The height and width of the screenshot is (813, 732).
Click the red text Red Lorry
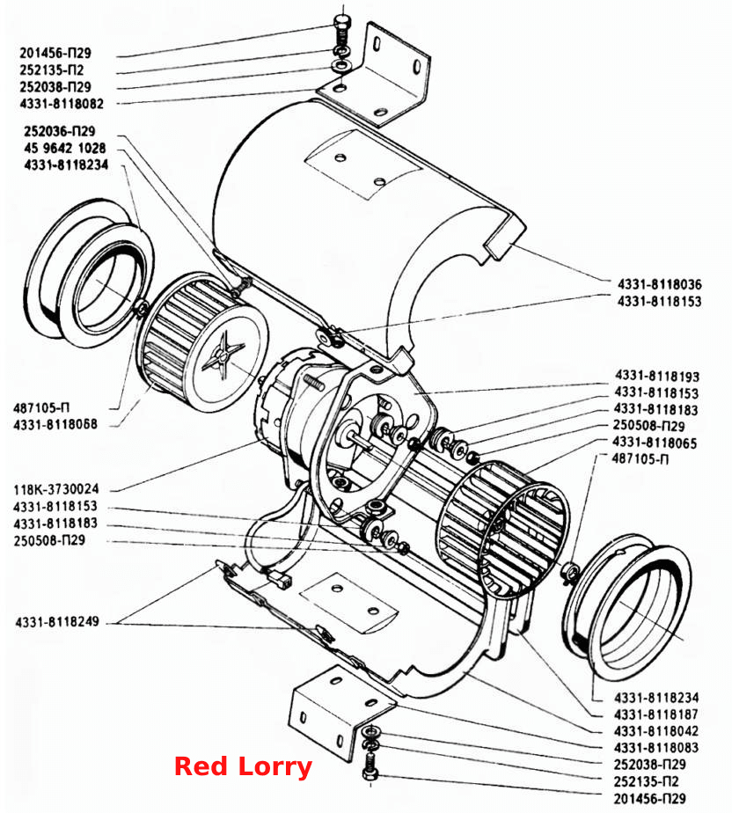pos(243,766)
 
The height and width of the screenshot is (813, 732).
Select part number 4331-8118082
pos(62,104)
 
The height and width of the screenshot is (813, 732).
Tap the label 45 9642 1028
pos(65,149)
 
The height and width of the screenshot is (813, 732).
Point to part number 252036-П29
pos(60,131)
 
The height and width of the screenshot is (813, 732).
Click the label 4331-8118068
pos(55,424)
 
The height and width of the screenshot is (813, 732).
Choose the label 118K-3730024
pos(56,489)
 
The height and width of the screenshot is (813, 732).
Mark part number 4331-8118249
pos(57,621)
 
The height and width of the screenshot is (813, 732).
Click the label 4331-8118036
pos(660,284)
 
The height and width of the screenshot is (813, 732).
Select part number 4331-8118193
pos(657,376)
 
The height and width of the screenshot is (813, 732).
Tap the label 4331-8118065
pos(655,443)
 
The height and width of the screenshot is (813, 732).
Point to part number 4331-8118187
pos(656,714)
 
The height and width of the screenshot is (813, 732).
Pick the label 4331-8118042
pos(656,731)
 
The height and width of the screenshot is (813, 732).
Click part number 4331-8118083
pos(656,748)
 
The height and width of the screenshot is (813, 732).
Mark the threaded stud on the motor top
pos(312,383)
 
